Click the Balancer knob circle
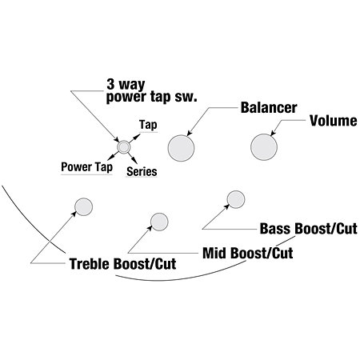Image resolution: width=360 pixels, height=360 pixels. tap(181, 148)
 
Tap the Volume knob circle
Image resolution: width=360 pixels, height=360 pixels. tap(264, 147)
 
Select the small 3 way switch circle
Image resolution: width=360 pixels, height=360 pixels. tap(124, 146)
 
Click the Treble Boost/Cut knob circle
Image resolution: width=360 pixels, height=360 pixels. tap(83, 206)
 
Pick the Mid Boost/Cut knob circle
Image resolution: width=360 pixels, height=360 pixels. tap(159, 222)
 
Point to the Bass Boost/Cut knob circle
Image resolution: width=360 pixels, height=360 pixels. tap(236, 199)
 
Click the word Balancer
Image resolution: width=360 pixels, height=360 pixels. tap(269, 107)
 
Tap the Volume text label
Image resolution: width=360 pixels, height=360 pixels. tap(334, 121)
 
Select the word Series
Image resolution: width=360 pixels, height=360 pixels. tap(142, 171)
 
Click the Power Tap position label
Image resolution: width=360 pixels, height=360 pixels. tap(86, 167)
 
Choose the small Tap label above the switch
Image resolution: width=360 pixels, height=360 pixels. tap(148, 125)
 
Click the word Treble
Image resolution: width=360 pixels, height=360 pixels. tap(90, 264)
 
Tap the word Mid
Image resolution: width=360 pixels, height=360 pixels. tap(214, 253)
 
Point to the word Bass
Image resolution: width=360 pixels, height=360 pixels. tap(275, 229)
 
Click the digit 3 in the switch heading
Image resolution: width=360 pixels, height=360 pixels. tap(110, 84)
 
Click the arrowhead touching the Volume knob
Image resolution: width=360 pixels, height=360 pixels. tap(273, 134)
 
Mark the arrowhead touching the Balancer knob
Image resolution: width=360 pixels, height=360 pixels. tap(190, 134)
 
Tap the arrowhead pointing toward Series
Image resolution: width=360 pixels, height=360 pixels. tap(134, 161)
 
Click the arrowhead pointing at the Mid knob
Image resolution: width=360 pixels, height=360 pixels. tap(150, 228)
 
